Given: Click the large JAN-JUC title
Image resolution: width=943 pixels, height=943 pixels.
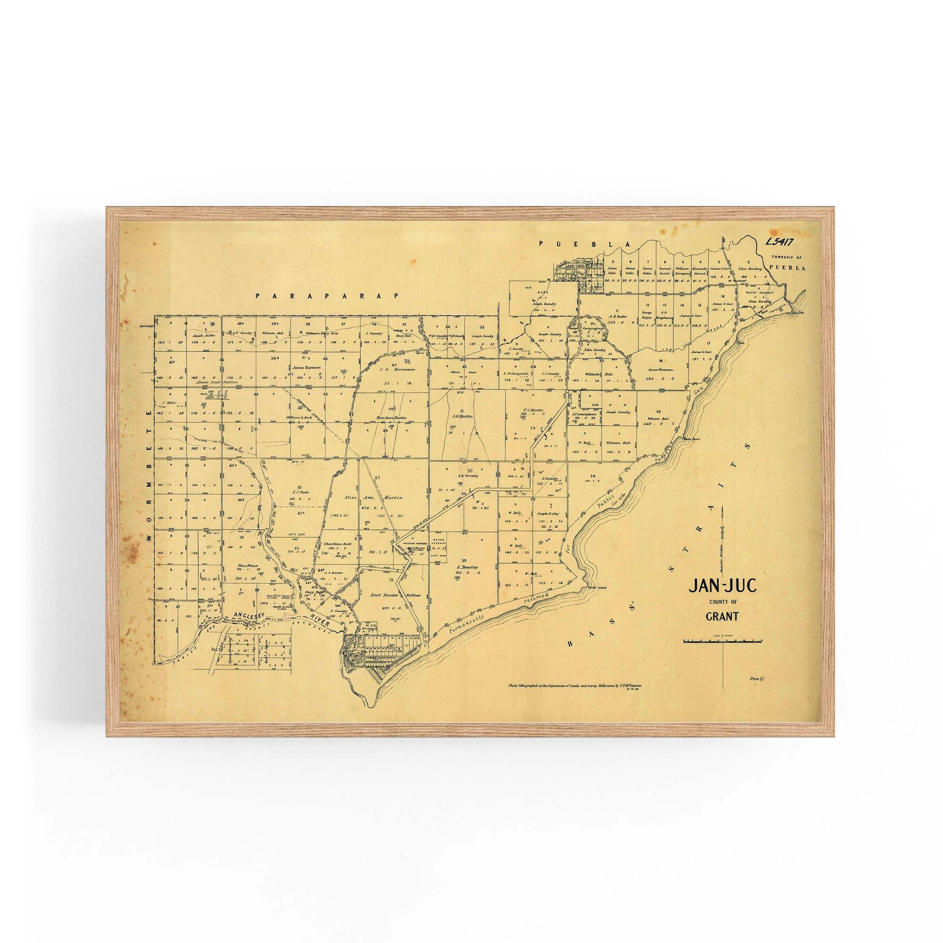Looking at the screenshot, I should (713, 586).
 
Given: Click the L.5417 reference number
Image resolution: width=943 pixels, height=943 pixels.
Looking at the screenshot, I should (779, 240).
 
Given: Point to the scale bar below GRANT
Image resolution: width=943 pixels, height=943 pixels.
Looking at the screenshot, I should (723, 640).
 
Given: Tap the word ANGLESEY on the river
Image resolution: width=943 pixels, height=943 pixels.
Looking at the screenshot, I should (252, 615).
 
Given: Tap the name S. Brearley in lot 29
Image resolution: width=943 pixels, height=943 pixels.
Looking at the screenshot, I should (467, 567).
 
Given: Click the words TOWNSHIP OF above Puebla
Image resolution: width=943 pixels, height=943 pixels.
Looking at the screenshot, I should (786, 257).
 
